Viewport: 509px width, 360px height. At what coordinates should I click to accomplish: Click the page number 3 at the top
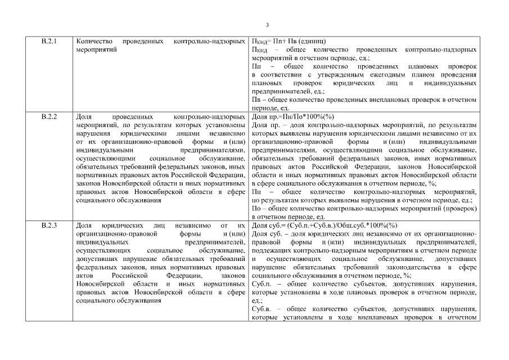pos(267,25)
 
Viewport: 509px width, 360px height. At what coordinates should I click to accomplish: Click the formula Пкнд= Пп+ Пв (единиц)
pos(289,42)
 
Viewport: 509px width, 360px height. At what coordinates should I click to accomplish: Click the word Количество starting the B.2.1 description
pos(92,42)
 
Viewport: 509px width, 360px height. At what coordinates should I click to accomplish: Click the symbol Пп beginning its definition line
pos(256,66)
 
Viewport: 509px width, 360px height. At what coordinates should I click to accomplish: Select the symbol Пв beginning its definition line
pos(256,99)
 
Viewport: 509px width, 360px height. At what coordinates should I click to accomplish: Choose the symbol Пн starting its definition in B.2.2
pos(256,192)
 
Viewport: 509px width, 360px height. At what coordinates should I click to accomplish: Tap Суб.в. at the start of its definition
pos(262,309)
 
